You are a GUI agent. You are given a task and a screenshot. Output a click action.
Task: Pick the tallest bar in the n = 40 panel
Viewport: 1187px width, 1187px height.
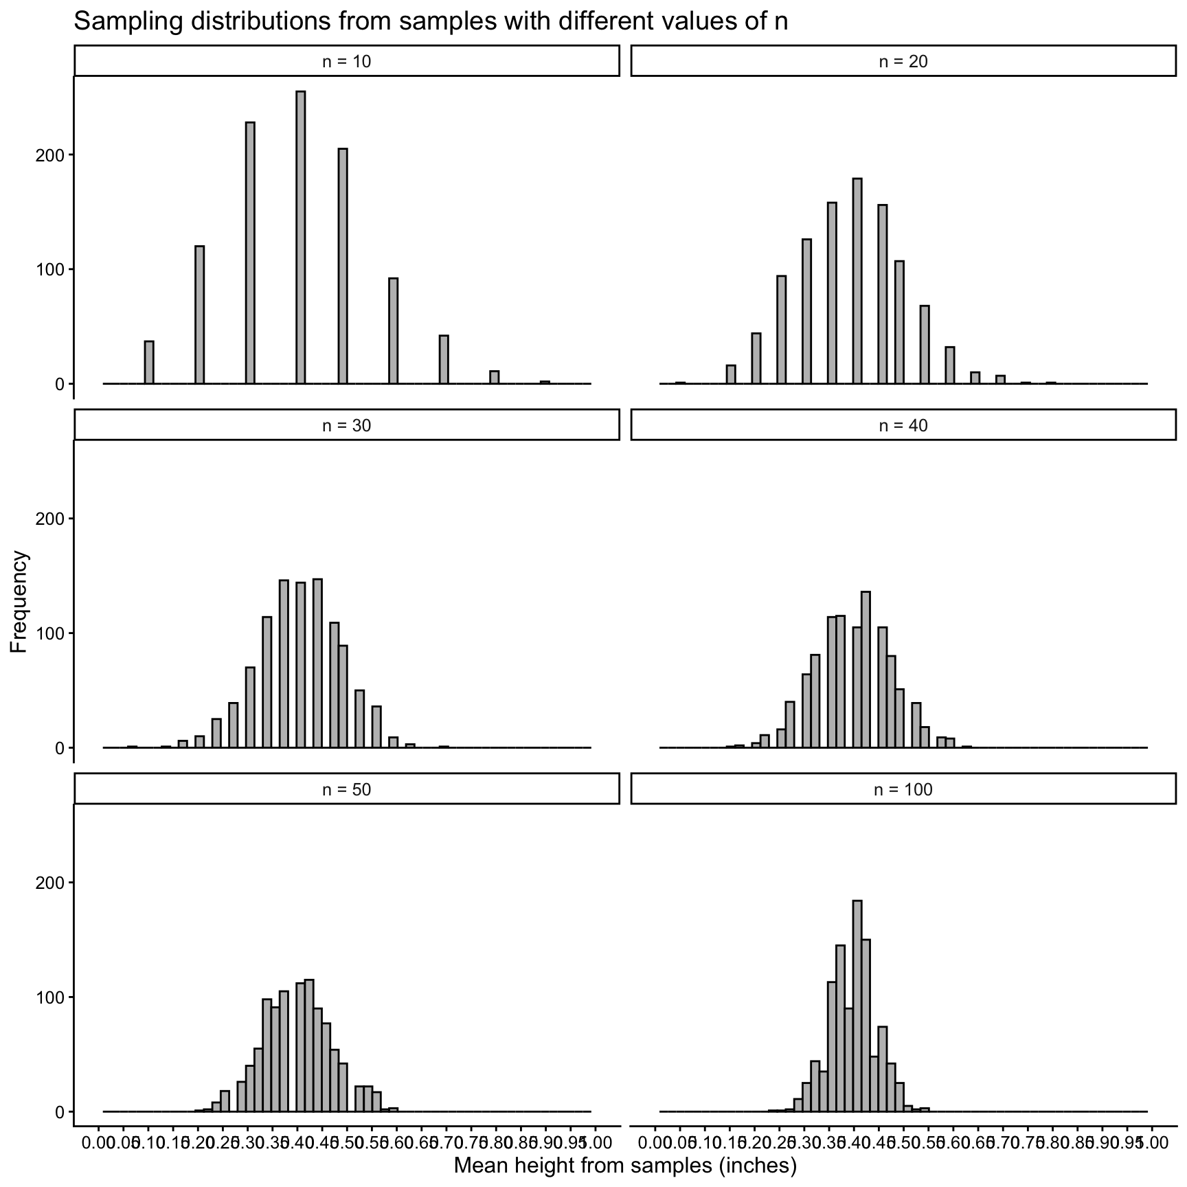866,669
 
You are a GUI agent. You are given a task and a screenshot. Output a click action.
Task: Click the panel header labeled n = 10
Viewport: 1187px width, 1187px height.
347,61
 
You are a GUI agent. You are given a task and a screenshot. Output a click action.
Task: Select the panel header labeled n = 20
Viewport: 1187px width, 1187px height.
903,61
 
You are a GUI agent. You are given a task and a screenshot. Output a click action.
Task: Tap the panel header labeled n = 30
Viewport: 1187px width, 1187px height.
347,425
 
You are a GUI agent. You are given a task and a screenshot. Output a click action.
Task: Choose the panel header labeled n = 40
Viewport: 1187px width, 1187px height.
903,425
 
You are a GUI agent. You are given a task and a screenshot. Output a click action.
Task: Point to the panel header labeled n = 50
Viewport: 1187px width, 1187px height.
347,789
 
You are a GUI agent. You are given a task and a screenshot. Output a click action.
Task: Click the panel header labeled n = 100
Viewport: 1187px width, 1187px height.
903,789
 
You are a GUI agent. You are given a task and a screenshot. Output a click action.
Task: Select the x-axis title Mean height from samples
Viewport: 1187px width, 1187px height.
624,1165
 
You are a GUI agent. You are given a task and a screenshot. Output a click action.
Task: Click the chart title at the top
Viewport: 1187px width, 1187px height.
430,22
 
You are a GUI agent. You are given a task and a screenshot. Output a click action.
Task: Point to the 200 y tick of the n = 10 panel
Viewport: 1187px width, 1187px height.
50,155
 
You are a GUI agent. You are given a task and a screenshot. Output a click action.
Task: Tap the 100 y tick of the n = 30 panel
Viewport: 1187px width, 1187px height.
50,633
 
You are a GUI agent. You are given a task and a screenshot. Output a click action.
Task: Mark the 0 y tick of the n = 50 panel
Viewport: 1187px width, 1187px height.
59,1111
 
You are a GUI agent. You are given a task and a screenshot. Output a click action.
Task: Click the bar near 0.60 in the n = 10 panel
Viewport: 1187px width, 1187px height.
393,330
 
